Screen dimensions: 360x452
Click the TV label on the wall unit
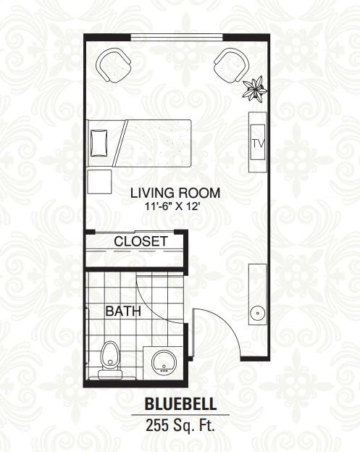258,143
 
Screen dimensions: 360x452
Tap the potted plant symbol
255,88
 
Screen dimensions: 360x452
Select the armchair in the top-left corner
113,65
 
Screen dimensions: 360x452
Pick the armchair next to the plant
232,66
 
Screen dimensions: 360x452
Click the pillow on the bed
99,143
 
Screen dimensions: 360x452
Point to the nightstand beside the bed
99,182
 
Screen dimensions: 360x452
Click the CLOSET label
141,241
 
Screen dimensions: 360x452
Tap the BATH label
123,311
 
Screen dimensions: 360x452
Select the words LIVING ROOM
175,193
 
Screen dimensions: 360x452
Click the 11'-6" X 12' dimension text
173,206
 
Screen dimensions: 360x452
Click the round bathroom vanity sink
164,362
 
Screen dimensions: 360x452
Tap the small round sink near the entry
257,312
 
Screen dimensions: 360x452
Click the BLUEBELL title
180,404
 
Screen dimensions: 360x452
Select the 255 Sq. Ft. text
180,425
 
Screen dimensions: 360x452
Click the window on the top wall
177,37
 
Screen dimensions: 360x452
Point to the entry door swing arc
226,323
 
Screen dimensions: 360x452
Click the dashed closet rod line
135,251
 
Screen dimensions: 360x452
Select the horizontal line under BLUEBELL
180,415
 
